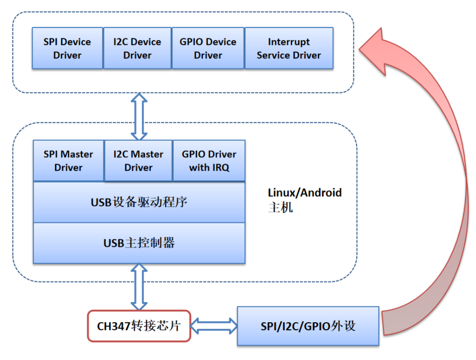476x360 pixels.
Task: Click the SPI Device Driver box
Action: click(67, 48)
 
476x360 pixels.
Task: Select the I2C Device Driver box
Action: click(137, 48)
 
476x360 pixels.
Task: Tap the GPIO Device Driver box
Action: click(208, 48)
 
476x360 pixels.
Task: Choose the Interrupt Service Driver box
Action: click(289, 48)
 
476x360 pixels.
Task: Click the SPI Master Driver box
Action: click(68, 161)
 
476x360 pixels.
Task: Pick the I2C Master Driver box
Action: click(138, 161)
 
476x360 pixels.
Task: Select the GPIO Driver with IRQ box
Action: click(209, 161)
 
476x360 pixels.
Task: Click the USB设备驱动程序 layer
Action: click(139, 202)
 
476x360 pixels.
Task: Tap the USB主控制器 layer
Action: click(139, 243)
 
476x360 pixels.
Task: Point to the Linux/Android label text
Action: click(305, 193)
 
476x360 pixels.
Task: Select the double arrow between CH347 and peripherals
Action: click(214, 325)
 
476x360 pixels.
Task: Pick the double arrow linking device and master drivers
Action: click(139, 116)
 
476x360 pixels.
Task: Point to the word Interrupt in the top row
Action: click(289, 42)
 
